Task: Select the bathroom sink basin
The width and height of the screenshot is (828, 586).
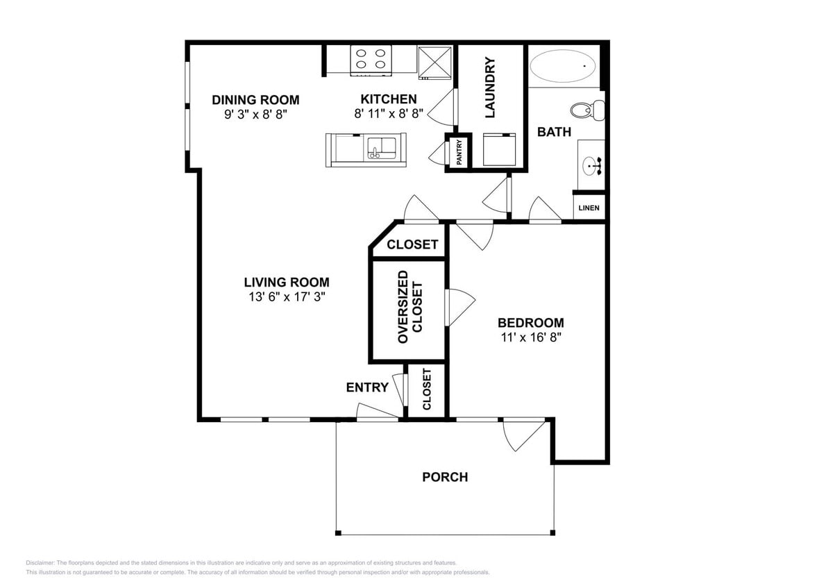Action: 592,165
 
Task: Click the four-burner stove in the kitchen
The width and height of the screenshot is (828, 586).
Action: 371,59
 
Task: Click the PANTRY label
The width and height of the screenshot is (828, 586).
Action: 459,152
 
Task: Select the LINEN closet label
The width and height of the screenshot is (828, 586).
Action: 589,208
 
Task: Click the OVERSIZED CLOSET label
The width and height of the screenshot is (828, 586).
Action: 409,307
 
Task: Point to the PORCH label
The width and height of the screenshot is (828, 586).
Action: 445,477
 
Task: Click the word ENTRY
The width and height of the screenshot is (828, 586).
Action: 367,387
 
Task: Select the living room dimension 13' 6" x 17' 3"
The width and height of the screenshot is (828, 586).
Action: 286,296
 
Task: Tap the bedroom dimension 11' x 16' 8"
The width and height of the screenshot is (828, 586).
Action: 530,337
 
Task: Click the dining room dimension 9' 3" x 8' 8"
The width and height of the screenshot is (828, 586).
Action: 255,114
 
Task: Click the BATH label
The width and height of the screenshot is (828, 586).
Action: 554,131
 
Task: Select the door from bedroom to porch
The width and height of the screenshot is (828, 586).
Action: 522,433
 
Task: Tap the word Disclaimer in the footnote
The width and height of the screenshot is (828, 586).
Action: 40,562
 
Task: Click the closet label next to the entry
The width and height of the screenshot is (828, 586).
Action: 426,390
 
